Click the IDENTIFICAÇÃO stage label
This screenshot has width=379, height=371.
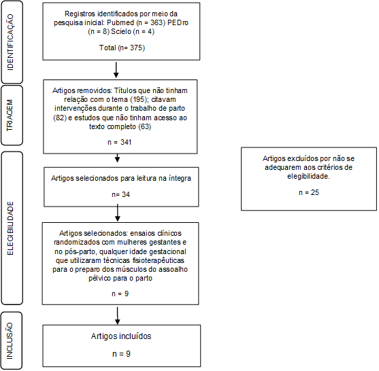pyautogui.click(x=10, y=42)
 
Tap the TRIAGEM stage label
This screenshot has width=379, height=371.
pyautogui.click(x=10, y=116)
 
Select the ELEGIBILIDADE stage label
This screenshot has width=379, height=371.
pyautogui.click(x=10, y=228)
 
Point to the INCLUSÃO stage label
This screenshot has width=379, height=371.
pyautogui.click(x=10, y=341)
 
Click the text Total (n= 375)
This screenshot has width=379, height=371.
pyautogui.click(x=122, y=48)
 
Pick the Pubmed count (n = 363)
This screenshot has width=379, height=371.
pyautogui.click(x=150, y=22)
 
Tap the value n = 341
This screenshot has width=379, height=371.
pyautogui.click(x=120, y=142)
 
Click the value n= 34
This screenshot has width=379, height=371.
pyautogui.click(x=121, y=194)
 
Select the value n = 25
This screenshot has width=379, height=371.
pyautogui.click(x=309, y=192)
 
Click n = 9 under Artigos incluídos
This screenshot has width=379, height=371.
pyautogui.click(x=121, y=354)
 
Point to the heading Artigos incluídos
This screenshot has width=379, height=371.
pyautogui.click(x=121, y=336)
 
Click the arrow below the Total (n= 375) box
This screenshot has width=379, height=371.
pyautogui.click(x=116, y=70)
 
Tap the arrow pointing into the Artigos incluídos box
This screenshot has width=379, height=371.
pyautogui.click(x=118, y=316)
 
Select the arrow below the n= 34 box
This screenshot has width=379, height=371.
pyautogui.click(x=118, y=213)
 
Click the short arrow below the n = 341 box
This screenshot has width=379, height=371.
pyautogui.click(x=118, y=158)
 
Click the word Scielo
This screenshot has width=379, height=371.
pyautogui.click(x=121, y=32)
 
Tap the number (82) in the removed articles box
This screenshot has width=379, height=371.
pyautogui.click(x=60, y=118)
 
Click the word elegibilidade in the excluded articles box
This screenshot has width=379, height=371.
pyautogui.click(x=308, y=177)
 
